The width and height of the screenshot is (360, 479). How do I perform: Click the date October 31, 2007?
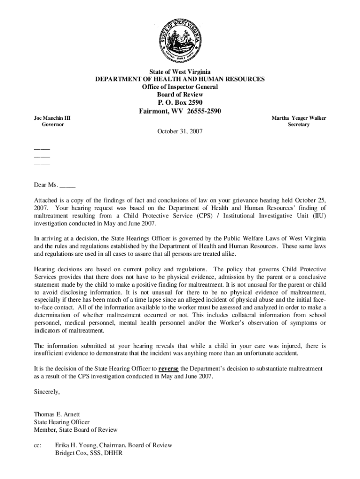180,132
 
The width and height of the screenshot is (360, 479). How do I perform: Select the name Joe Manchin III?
52,118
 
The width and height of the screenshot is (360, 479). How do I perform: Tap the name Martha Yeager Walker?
299,118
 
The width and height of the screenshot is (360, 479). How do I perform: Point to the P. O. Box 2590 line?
180,103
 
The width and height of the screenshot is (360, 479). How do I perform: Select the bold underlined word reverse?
169,368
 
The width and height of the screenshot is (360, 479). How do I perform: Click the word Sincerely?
47,392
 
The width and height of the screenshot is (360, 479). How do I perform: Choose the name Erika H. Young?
74,445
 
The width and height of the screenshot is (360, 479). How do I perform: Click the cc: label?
38,445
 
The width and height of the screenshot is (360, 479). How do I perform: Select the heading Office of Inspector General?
180,87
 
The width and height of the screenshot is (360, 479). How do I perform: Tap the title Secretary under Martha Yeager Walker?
299,125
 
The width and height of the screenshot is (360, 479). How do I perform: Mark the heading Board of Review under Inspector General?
180,94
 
